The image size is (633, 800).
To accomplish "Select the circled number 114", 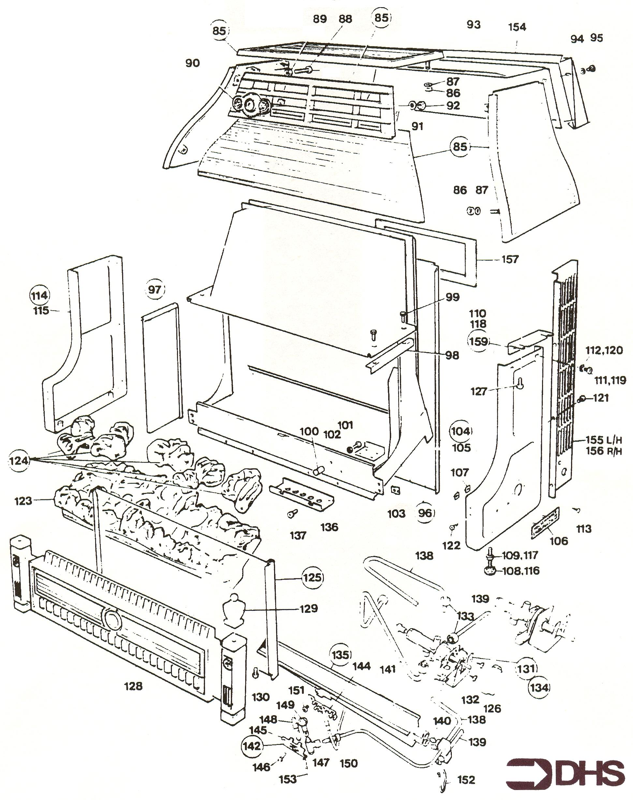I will point(40,295).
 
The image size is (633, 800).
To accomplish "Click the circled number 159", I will point(478,341).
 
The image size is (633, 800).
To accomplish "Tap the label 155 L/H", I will point(604,440).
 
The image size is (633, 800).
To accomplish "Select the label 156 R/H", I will point(604,451).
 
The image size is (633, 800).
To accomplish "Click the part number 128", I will point(133,686).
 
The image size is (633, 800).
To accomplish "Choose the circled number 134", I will point(539,688).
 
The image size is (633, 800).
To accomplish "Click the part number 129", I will point(309,608).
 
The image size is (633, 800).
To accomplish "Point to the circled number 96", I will point(425,513).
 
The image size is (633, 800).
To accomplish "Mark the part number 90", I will point(192,63).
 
